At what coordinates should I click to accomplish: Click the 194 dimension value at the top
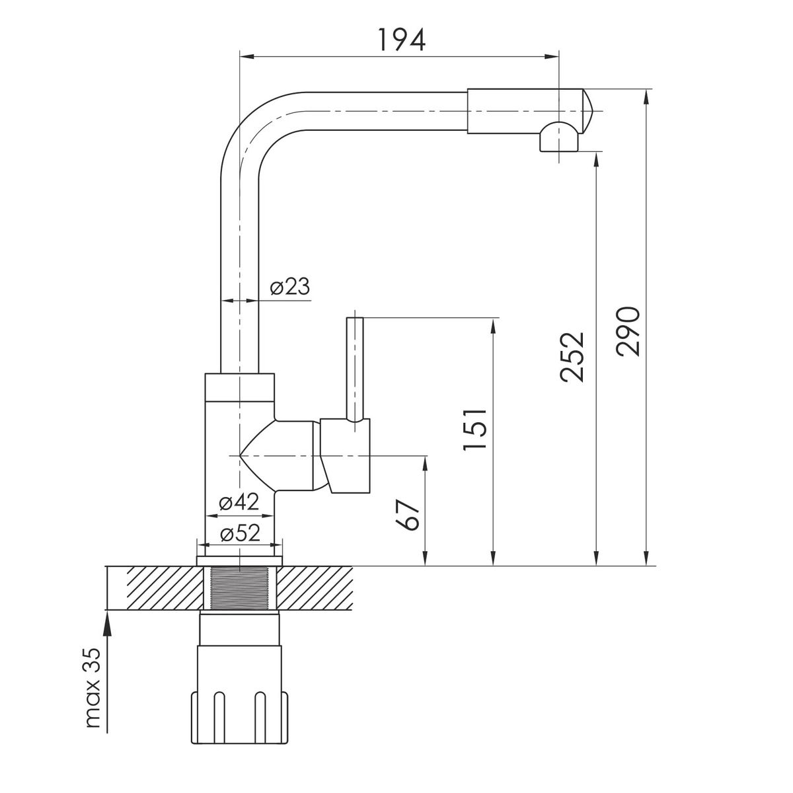pyautogui.click(x=401, y=40)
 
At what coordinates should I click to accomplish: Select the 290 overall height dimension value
pyautogui.click(x=628, y=331)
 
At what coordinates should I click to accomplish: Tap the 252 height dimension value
pyautogui.click(x=572, y=357)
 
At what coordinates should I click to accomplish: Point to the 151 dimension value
pyautogui.click(x=474, y=430)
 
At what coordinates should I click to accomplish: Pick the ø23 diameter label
pyautogui.click(x=289, y=286)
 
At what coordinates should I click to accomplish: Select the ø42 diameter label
pyautogui.click(x=239, y=502)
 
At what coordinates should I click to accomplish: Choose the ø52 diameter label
pyautogui.click(x=241, y=534)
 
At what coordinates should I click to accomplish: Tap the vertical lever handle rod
pyautogui.click(x=355, y=369)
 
